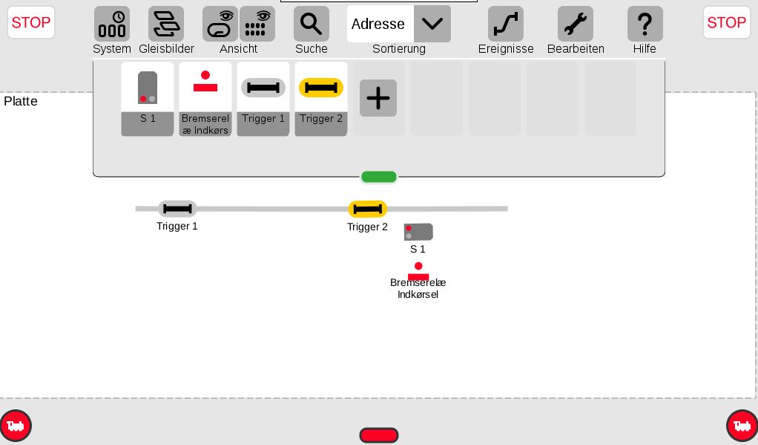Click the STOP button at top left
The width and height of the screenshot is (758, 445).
point(31,22)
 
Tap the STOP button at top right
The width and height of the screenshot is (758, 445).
point(726,22)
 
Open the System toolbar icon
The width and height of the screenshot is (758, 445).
point(112,24)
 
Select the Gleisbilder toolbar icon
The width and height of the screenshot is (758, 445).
point(166,24)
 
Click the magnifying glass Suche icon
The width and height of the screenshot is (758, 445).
point(312,24)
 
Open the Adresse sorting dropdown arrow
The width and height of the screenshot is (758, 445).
point(432,24)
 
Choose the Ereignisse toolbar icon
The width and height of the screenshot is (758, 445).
point(506,24)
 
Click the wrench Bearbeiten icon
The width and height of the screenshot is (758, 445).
point(576,24)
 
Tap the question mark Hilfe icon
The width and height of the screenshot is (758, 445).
point(645,24)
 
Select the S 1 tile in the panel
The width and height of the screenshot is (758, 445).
point(148,99)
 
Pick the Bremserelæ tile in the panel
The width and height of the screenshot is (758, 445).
point(205,99)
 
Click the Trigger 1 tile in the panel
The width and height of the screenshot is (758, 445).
point(263,99)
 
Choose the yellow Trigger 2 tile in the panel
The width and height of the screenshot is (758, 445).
point(321,99)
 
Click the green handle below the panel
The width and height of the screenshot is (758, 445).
point(379,178)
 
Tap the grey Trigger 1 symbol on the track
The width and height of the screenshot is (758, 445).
point(177,209)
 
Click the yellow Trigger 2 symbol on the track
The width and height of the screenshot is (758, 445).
point(367,209)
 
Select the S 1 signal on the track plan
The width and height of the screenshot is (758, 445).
point(418,232)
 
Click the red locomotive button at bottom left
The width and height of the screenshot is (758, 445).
point(16,426)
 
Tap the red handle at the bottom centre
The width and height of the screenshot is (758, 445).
point(379,435)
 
